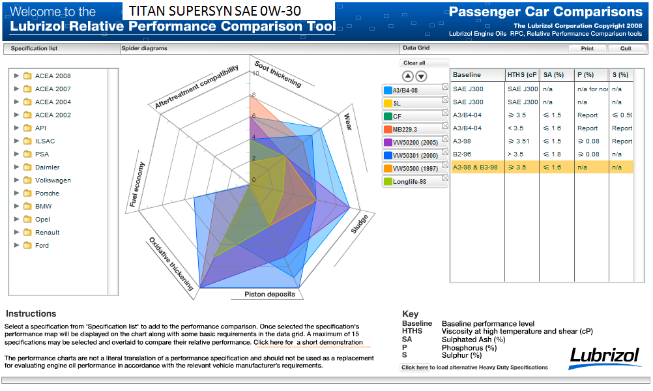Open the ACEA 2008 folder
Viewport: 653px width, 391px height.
53,76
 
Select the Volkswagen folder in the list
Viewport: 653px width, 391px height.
53,180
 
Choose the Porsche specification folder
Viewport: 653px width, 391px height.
47,193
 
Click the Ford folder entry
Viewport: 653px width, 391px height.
42,245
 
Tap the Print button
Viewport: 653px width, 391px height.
587,48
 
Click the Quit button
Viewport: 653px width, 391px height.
626,48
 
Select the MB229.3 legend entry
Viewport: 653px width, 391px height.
405,129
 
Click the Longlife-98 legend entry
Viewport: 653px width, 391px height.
409,181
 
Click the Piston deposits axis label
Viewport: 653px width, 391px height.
270,294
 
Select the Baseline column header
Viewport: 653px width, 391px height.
467,75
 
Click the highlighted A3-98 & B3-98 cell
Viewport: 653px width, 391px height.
476,167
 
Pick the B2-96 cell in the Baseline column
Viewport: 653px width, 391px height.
463,154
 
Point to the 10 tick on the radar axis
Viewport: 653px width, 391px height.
255,73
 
